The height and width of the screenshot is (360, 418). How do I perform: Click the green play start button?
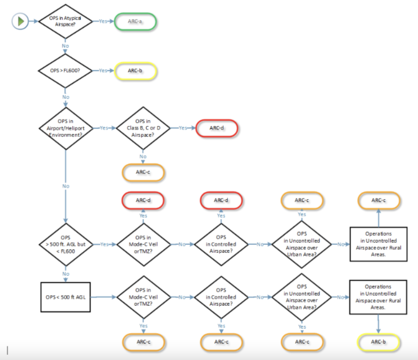[x=20, y=21]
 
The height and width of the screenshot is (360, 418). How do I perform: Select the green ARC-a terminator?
[x=135, y=21]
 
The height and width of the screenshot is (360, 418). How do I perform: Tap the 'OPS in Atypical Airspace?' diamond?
[x=65, y=21]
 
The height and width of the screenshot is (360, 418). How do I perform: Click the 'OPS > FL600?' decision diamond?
[x=65, y=71]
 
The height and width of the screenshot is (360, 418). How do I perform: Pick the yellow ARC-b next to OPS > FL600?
[x=135, y=71]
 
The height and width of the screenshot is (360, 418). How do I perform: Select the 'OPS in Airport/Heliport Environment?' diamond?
[x=66, y=128]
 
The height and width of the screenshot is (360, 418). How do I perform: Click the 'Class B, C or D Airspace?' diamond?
[x=143, y=128]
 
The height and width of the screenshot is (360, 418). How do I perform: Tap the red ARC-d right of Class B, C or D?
[x=217, y=128]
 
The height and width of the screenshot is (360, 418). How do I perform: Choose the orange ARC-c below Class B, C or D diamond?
[x=143, y=172]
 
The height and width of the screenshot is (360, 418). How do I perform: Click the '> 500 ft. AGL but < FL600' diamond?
[x=66, y=244]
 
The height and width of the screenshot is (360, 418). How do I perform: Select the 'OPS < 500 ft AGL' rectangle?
[x=66, y=297]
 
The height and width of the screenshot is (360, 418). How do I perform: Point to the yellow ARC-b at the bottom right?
[x=378, y=342]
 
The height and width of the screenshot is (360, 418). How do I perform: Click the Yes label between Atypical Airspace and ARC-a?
[x=103, y=21]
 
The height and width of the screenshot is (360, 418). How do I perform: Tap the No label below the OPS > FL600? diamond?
[x=66, y=97]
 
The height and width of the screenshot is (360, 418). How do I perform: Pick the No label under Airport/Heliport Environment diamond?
[x=66, y=186]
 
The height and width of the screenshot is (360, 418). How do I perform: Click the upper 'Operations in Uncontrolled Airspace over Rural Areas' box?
[x=378, y=244]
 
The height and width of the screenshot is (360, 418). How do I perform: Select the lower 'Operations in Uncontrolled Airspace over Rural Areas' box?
[x=378, y=297]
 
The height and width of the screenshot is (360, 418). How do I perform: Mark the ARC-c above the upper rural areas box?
[x=379, y=200]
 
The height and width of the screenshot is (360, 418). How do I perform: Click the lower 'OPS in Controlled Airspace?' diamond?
[x=221, y=297]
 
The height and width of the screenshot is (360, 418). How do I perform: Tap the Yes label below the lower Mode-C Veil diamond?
[x=143, y=326]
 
